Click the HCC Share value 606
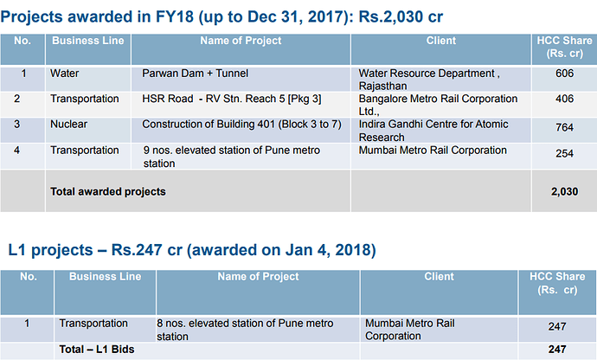565,74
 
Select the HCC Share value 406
565,100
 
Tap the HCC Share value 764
565,126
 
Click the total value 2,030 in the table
564,191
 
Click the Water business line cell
65,74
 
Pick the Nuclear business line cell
68,125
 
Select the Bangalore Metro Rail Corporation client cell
438,105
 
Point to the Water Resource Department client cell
429,80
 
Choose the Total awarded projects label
108,191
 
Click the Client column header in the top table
441,41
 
